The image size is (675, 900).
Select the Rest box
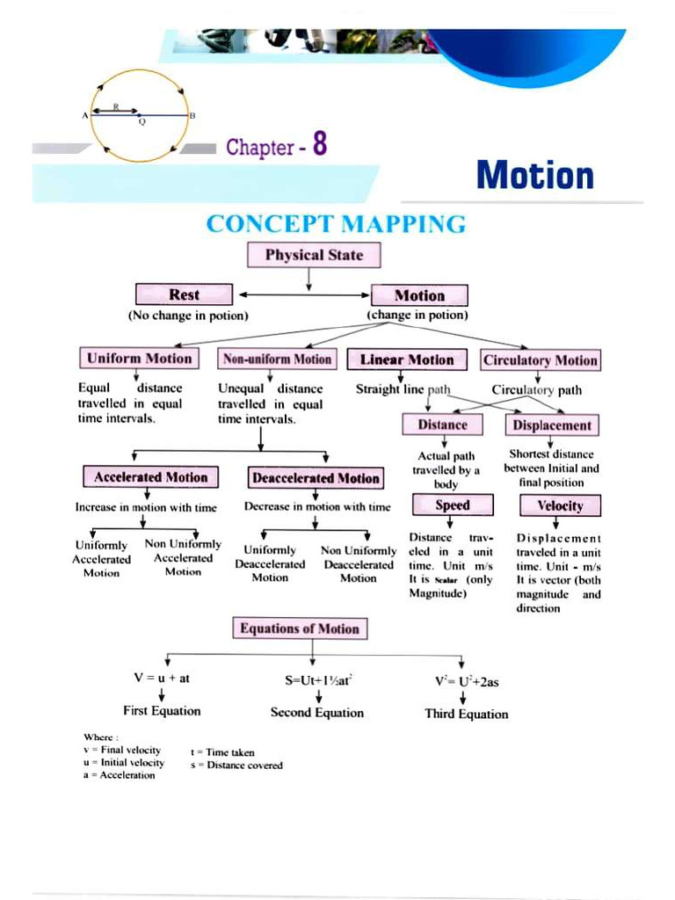click(184, 295)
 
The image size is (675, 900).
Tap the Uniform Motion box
click(138, 359)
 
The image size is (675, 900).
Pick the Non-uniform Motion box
click(277, 359)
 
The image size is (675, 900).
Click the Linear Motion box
click(407, 359)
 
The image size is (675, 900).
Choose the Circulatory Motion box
click(540, 360)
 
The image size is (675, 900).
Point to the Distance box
click(442, 425)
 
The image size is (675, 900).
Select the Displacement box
click(552, 426)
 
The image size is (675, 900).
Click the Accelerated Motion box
click(151, 477)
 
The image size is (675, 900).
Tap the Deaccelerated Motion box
click(316, 479)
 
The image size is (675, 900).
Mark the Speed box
click(453, 505)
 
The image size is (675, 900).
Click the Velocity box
click(560, 506)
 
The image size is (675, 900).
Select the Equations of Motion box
click(300, 628)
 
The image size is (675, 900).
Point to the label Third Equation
click(466, 714)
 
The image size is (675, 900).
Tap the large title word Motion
click(534, 174)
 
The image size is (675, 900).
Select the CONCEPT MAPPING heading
click(336, 225)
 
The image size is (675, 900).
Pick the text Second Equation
click(316, 713)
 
